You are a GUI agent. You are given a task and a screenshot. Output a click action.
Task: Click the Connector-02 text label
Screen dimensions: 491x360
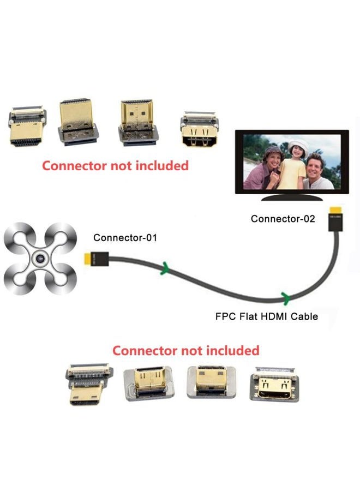tap(283, 219)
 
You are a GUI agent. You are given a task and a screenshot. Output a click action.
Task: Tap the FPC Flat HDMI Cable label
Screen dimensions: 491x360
tap(266, 316)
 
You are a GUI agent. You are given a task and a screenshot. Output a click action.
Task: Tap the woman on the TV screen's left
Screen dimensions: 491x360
tap(262, 166)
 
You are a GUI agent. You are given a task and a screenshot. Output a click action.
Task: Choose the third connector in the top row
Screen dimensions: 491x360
tap(137, 124)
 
